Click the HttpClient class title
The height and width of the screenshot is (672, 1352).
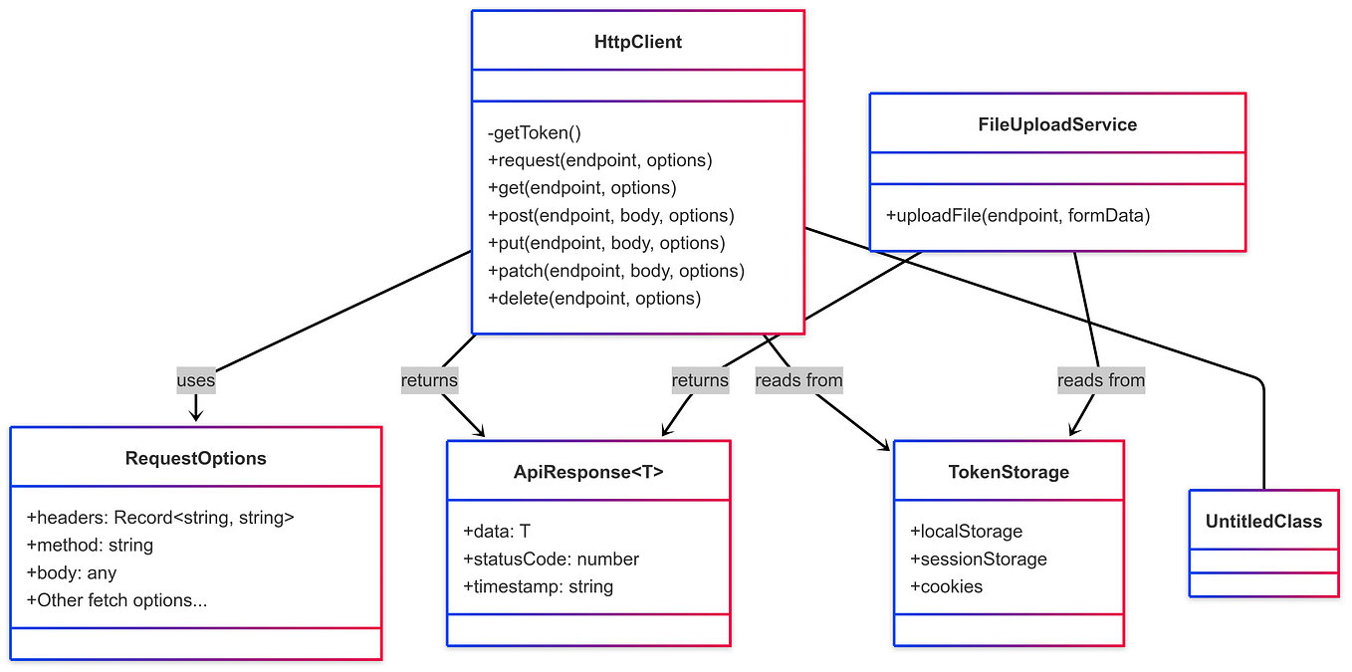pos(637,42)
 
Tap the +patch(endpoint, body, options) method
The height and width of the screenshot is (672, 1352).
pos(615,271)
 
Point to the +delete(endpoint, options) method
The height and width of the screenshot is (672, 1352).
pos(593,299)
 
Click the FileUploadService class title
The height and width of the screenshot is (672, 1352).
pos(1057,124)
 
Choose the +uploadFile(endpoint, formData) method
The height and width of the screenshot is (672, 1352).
pos(1017,215)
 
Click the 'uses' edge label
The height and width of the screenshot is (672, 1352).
pos(196,380)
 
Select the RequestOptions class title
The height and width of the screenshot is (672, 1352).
pos(196,458)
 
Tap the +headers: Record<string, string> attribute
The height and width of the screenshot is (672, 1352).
pos(160,518)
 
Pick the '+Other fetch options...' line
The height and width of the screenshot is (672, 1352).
pos(116,600)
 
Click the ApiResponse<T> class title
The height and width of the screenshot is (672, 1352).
pos(588,472)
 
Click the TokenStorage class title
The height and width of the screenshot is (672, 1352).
pos(1009,472)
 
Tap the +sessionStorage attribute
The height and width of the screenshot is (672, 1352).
pos(978,560)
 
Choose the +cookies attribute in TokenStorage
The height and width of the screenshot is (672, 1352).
pos(946,587)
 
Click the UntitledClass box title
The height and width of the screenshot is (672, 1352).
pos(1263,521)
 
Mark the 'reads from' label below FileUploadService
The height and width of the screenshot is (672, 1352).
pos(1101,380)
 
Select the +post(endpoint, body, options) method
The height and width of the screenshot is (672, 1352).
pos(610,215)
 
